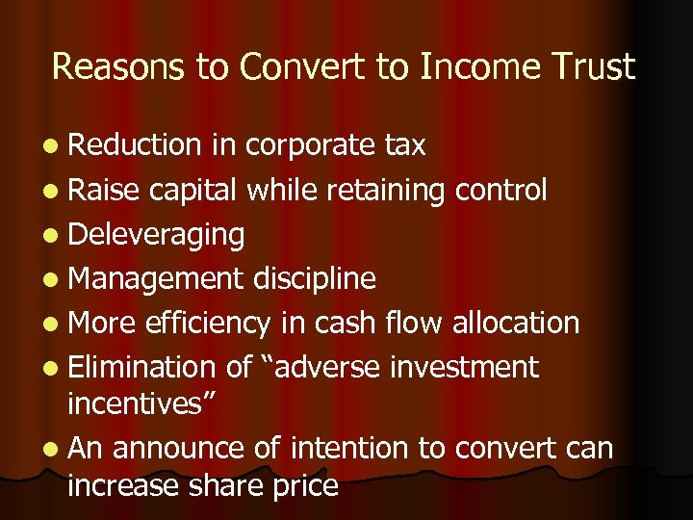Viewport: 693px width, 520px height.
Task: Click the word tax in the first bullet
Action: [x=405, y=145]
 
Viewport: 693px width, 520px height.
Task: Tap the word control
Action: [x=500, y=190]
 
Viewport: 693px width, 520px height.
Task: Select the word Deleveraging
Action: [x=156, y=234]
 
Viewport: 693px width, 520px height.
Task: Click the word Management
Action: [x=157, y=278]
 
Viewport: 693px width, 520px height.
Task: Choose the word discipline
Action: [x=315, y=278]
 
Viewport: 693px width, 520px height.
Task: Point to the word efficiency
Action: [x=208, y=323]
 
